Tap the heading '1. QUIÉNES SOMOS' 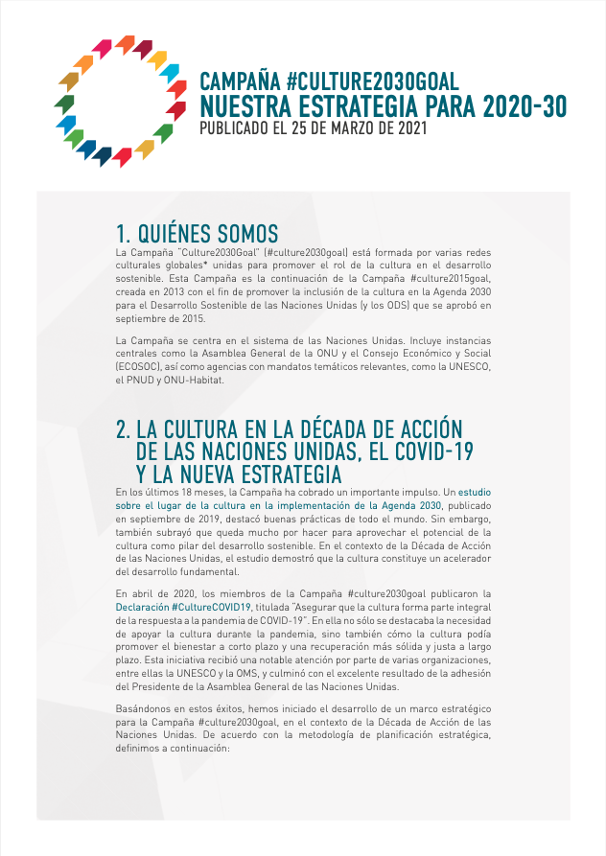[197, 233]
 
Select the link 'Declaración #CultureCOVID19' [183, 608]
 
